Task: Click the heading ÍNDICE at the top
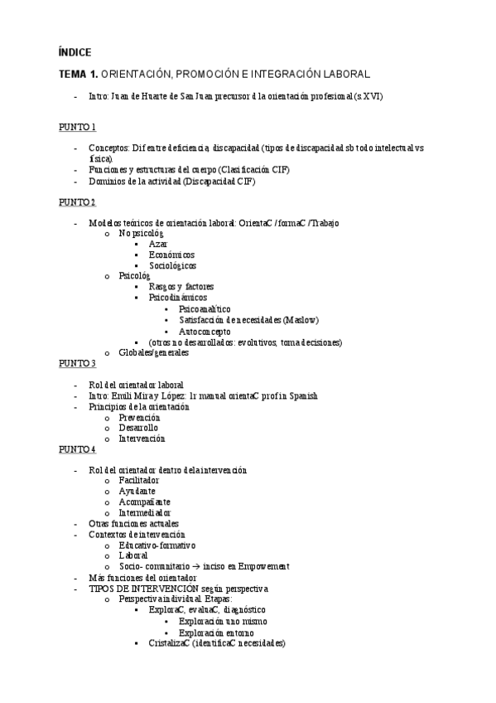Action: pyautogui.click(x=75, y=51)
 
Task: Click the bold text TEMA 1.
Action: pyautogui.click(x=78, y=74)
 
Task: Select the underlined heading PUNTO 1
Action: pyautogui.click(x=77, y=127)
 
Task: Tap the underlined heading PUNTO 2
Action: pyautogui.click(x=77, y=202)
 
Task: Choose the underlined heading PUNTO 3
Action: pyautogui.click(x=77, y=363)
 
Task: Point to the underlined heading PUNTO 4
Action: pyautogui.click(x=77, y=449)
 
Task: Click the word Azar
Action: pyautogui.click(x=158, y=245)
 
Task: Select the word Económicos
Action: pyautogui.click(x=171, y=255)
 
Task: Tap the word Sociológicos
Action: pyautogui.click(x=172, y=266)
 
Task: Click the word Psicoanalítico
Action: pyautogui.click(x=205, y=309)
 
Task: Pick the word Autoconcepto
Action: pyautogui.click(x=204, y=331)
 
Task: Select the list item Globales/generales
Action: pyautogui.click(x=153, y=352)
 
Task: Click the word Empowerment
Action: pyautogui.click(x=261, y=566)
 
